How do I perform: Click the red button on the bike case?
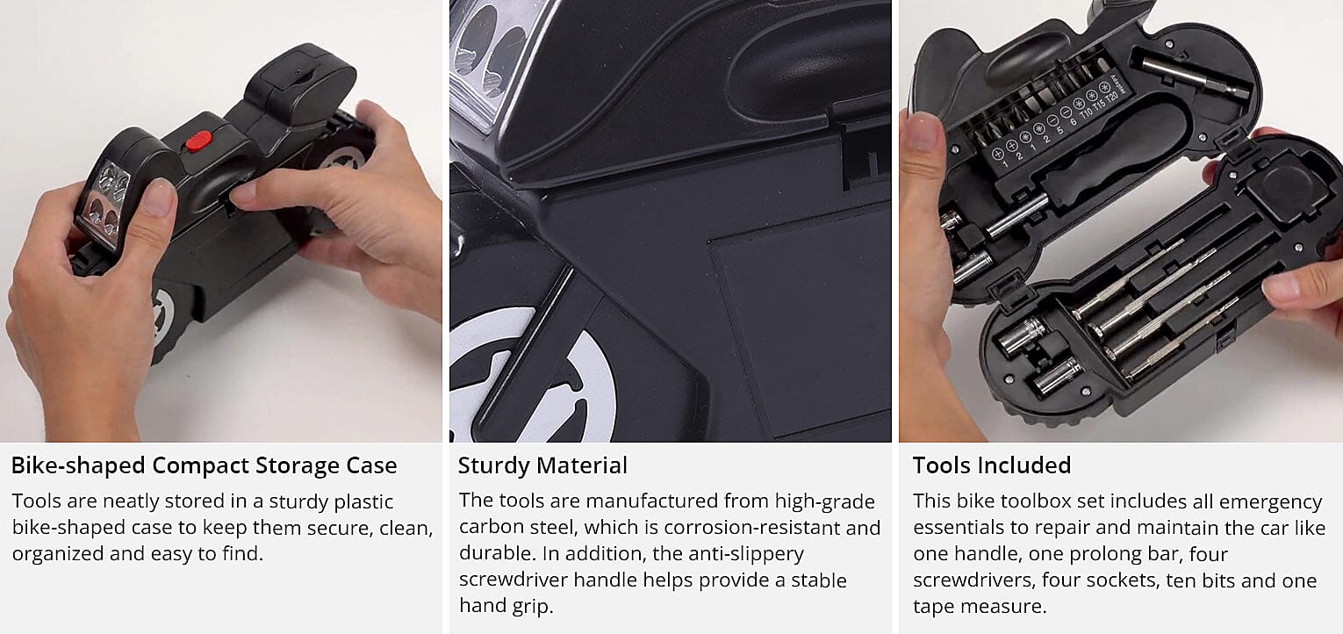coord(199,140)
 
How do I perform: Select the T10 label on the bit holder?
coord(1086,111)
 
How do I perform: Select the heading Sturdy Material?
coord(542,465)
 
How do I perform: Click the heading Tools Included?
coord(991,465)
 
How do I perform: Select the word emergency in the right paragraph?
coord(1273,501)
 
